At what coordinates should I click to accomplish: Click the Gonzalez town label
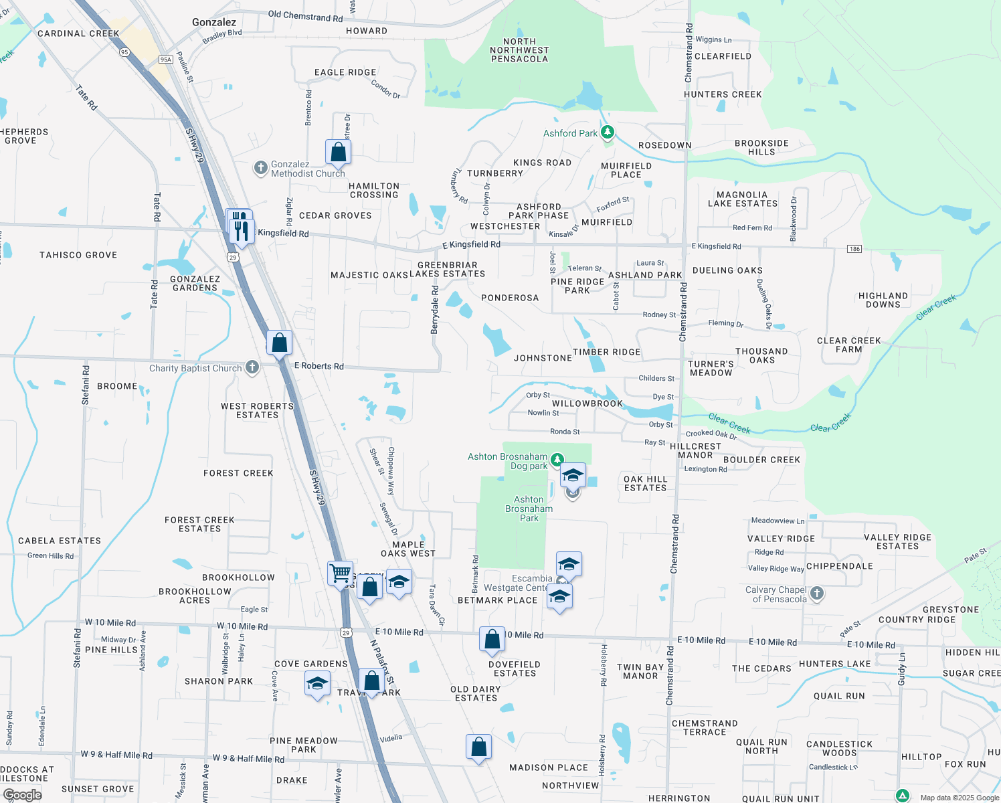tap(214, 22)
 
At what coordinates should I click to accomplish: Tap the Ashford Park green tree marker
tap(608, 132)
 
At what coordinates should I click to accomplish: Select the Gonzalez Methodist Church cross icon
tap(261, 167)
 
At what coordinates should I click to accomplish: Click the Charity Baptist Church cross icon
tap(252, 367)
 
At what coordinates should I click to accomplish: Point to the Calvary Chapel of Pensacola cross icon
tap(816, 594)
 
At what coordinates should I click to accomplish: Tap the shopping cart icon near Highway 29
tap(341, 573)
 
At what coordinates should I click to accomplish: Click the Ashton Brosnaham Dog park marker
tap(557, 460)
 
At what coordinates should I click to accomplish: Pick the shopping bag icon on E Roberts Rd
tap(280, 343)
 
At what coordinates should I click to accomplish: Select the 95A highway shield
tap(165, 60)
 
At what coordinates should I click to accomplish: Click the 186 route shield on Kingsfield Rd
tap(854, 249)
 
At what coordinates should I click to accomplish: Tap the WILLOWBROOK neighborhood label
tap(587, 404)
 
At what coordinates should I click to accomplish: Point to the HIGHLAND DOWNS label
tap(883, 300)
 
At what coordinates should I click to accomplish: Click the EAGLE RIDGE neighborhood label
tap(345, 72)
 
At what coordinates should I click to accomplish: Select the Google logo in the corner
tap(23, 795)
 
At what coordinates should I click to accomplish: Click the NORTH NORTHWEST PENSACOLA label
tap(519, 50)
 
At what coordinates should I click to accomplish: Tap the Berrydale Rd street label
tap(435, 310)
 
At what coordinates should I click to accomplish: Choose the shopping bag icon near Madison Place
tap(479, 747)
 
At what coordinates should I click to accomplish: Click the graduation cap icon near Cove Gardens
tap(317, 684)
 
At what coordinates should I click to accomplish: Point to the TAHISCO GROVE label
tap(78, 255)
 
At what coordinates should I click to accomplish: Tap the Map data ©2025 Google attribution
tap(960, 798)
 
